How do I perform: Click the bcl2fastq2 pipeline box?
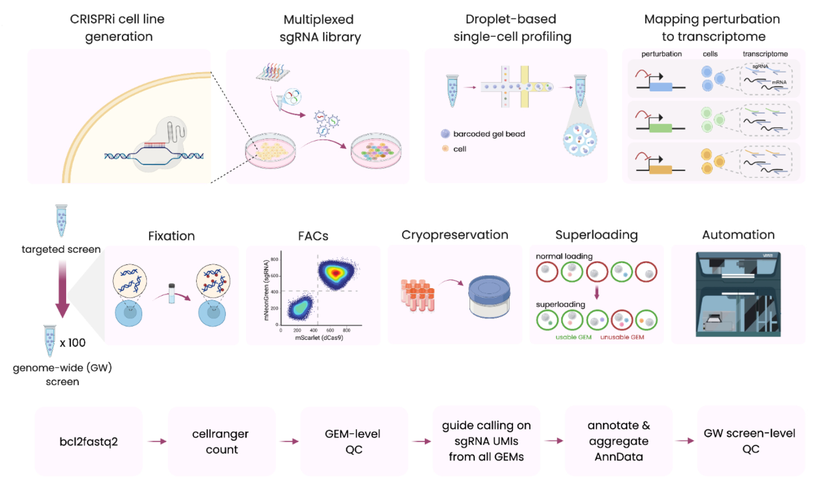point(89,441)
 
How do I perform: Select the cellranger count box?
point(221,441)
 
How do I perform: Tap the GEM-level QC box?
point(354,441)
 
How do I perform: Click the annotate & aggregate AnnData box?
point(619,441)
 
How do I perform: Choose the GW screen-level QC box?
point(750,441)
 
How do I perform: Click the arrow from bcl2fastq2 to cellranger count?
point(156,441)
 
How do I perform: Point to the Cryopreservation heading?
point(455,235)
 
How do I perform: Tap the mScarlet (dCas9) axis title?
point(319,338)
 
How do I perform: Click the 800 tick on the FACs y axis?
point(274,259)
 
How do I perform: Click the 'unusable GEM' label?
point(622,337)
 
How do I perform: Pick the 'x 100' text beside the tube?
point(73,343)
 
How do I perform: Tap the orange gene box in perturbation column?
point(660,170)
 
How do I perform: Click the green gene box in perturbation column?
point(660,128)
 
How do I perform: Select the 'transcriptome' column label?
point(765,54)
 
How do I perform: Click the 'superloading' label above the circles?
point(560,305)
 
